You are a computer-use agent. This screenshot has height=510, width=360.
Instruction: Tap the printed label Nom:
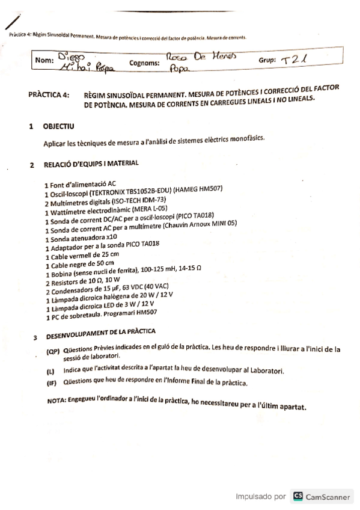[x=45, y=60]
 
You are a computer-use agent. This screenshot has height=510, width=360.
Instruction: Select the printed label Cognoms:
[x=144, y=62]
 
